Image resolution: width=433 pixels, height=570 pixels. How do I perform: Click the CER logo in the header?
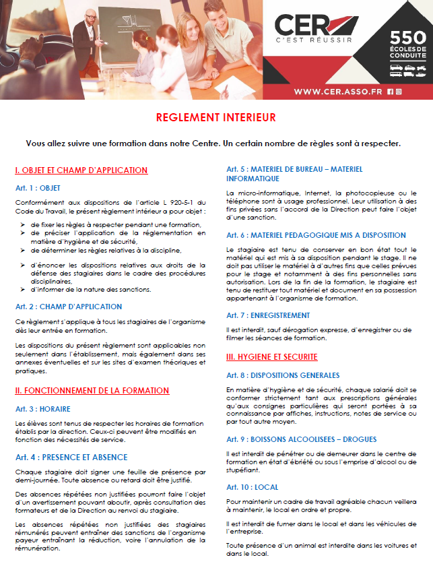[x=313, y=26]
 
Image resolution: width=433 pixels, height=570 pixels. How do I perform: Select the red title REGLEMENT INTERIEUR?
[x=215, y=117]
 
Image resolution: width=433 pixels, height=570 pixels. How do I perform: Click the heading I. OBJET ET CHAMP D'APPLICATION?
[x=81, y=170]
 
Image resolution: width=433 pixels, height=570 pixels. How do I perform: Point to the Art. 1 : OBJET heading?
[x=38, y=188]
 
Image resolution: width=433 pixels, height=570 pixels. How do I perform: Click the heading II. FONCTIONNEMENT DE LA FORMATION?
[x=92, y=390]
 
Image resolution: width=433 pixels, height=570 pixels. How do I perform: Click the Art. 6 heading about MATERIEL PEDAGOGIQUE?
[x=316, y=235]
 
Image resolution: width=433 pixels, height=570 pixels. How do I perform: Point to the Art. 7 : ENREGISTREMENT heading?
[x=268, y=315]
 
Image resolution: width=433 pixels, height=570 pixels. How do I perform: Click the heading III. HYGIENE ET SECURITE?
[x=271, y=356]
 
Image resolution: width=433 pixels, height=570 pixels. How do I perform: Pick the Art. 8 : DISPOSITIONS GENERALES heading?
[x=283, y=375]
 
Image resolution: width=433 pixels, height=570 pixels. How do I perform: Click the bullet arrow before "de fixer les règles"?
[x=23, y=224]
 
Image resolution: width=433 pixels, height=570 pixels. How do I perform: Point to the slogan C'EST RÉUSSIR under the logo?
[x=314, y=40]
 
